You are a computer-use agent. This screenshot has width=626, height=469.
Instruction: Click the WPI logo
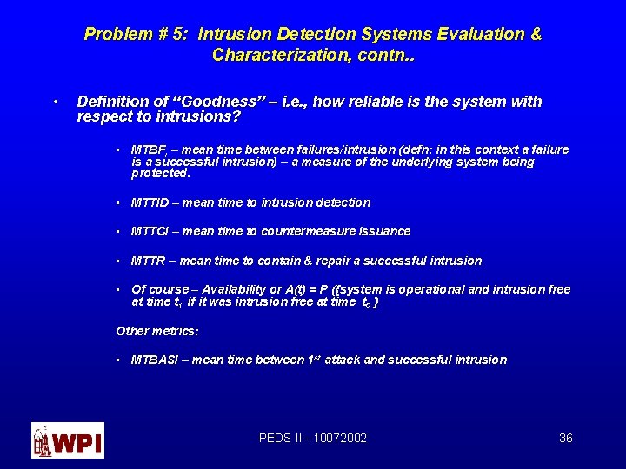click(x=67, y=440)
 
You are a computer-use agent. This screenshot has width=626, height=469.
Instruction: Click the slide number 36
click(x=565, y=439)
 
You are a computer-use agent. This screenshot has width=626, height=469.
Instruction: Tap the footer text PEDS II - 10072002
click(x=313, y=439)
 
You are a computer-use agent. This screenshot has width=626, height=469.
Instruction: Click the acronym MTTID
click(x=150, y=202)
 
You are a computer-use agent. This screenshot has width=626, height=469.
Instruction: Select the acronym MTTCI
click(x=150, y=231)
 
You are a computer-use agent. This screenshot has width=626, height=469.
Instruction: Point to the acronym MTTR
click(x=149, y=261)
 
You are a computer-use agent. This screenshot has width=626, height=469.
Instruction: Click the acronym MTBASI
click(x=154, y=360)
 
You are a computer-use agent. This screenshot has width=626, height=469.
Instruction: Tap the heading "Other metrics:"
click(x=157, y=331)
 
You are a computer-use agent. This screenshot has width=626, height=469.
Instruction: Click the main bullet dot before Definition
click(x=55, y=102)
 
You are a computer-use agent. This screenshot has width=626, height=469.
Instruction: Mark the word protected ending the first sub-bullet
click(x=159, y=173)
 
